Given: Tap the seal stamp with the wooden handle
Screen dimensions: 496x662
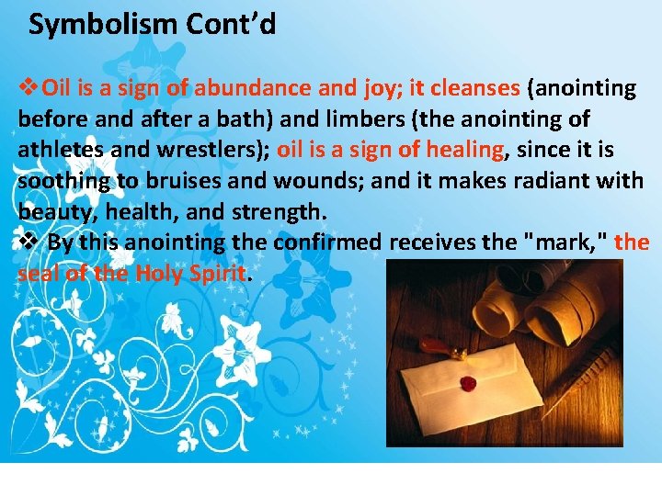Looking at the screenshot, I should click(436, 348).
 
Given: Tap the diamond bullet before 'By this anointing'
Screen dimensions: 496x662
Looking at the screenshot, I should click(29, 242).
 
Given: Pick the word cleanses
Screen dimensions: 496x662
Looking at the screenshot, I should click(475, 88).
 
